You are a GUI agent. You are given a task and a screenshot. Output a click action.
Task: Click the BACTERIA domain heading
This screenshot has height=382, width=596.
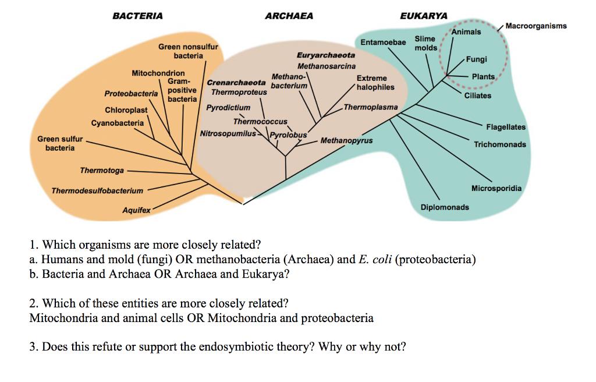137,16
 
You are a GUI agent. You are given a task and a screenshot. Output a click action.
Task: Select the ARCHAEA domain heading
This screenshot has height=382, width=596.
289,16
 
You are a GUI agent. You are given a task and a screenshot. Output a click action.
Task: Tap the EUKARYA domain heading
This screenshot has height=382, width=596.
424,16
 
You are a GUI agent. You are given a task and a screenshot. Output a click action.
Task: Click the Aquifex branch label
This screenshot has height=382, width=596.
136,210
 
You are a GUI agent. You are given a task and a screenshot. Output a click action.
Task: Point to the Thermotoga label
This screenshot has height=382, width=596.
102,170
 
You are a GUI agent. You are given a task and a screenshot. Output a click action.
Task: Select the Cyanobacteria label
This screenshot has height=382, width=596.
118,123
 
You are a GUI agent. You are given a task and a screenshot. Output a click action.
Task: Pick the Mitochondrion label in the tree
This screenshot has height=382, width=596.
158,73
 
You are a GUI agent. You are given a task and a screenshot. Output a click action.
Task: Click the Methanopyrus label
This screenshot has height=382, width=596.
346,141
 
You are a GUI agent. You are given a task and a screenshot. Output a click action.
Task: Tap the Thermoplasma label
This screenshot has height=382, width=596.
371,107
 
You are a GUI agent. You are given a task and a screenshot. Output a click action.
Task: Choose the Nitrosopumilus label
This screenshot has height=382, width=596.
228,133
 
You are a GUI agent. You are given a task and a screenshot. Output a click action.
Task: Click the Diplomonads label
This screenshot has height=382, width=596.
445,207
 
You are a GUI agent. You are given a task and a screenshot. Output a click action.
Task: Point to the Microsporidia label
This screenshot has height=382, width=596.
496,188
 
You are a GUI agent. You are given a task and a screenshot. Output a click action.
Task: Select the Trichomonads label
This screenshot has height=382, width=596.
500,144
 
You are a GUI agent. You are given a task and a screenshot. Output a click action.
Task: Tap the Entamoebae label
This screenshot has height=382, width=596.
383,42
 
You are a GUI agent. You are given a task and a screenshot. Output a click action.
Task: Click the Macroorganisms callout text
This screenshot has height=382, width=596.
536,26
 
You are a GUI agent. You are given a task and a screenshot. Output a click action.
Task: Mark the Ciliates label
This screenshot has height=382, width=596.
478,95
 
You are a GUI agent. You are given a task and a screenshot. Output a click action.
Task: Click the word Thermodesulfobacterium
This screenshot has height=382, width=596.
97,190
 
